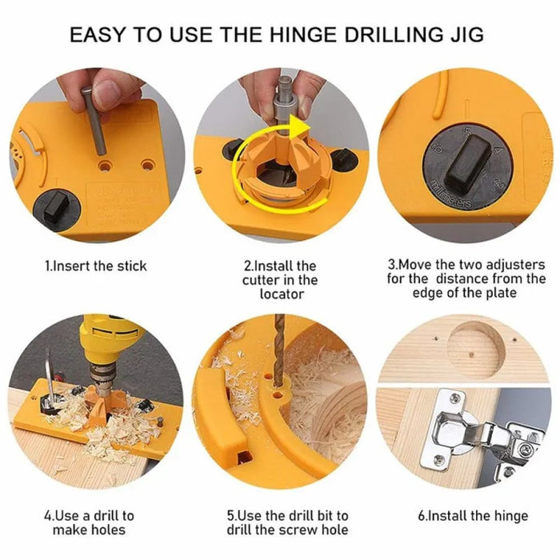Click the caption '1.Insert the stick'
tap(95, 266)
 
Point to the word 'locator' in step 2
tap(280, 294)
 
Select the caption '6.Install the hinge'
tap(473, 516)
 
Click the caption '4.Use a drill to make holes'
tap(94, 522)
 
